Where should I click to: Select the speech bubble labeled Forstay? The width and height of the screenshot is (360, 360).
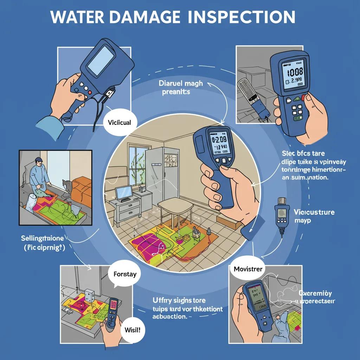click(125, 273)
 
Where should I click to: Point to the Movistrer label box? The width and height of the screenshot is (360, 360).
click(248, 269)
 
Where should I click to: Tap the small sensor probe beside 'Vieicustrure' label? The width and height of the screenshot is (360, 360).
click(281, 214)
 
